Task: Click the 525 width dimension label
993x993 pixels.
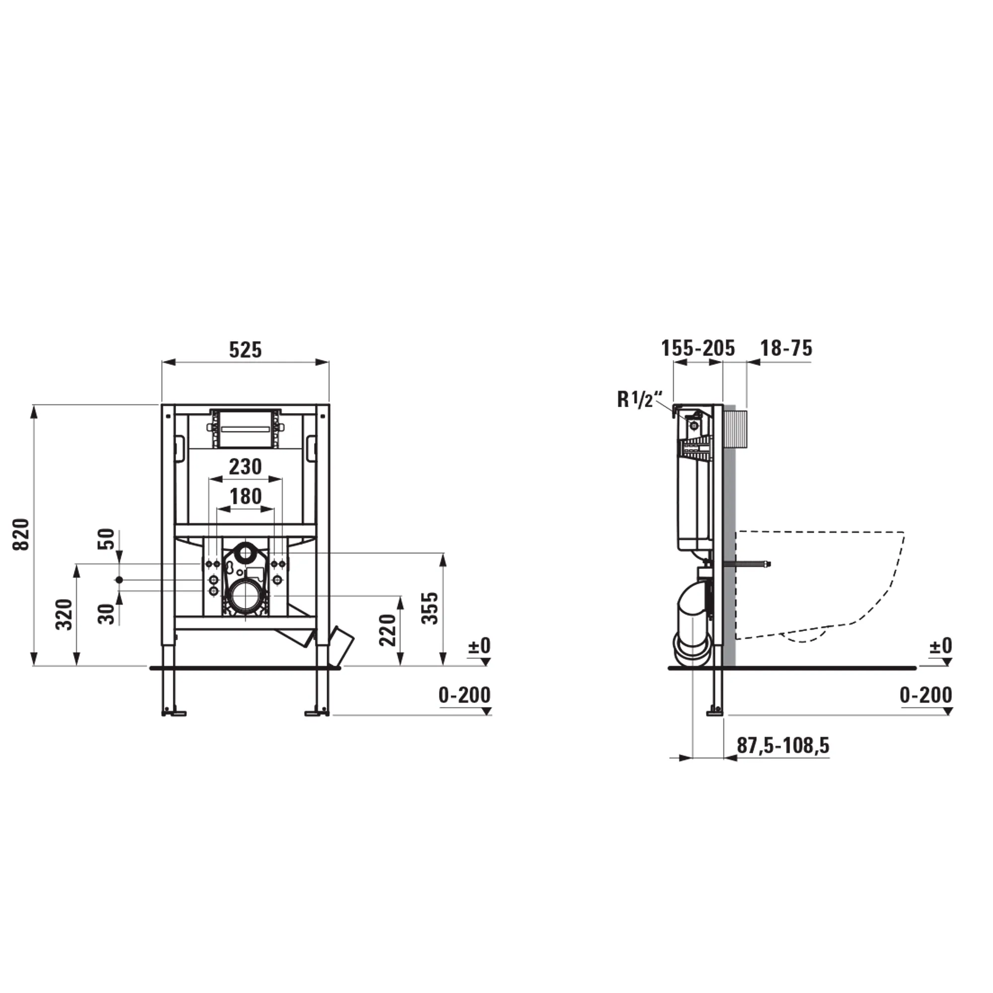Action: tap(245, 350)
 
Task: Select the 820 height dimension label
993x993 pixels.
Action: tap(21, 535)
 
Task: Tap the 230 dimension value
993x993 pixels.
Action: tap(245, 467)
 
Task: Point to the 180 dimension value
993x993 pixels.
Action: tap(245, 496)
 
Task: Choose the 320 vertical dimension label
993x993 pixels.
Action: tap(64, 614)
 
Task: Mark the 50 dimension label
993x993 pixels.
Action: tap(107, 539)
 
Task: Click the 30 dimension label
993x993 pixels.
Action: tap(107, 614)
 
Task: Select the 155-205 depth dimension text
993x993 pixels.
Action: tap(698, 349)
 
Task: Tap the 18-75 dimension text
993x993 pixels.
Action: tap(786, 349)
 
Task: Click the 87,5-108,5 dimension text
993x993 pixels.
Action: tap(783, 745)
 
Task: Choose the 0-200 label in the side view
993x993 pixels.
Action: tap(925, 696)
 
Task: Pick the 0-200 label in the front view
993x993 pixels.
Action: tap(464, 696)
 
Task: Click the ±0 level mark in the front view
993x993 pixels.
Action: tap(479, 645)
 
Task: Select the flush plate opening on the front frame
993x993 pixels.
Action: tap(245, 428)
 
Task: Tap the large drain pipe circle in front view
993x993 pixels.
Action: tap(245, 596)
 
